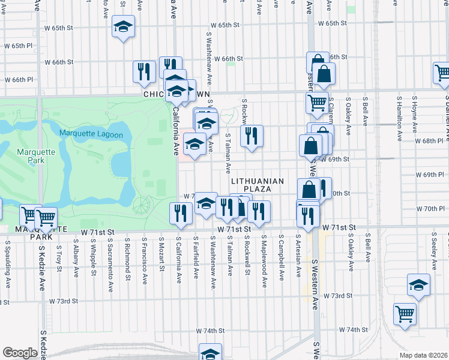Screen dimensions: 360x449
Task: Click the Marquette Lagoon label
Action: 91,134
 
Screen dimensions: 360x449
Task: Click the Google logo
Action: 20,353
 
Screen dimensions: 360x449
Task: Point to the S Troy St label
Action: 59,254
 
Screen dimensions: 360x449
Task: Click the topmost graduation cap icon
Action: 123,27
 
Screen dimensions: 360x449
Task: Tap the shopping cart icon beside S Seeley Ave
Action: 405,313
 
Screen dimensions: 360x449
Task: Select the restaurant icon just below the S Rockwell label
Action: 252,135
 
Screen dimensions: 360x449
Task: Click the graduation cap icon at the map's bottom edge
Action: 210,353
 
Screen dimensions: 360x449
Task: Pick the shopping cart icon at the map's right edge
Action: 442,73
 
